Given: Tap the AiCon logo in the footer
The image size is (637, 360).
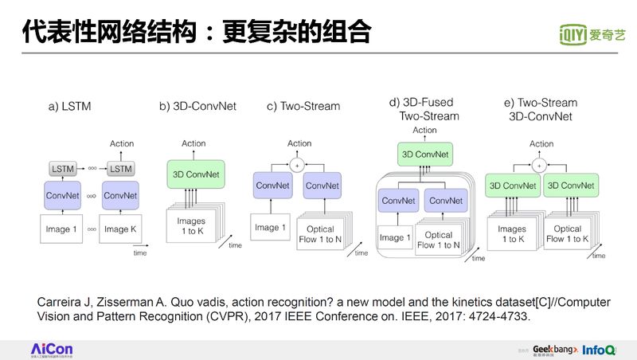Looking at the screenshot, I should coord(51,350).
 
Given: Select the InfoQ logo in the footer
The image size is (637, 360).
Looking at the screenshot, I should coord(598,350).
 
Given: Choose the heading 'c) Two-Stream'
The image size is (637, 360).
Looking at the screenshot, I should coord(303,106).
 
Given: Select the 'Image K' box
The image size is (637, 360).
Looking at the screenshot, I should coord(120,229).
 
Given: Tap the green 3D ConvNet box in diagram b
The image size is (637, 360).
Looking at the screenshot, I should coord(193,174).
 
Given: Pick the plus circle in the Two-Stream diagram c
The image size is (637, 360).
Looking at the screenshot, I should coord(299,164).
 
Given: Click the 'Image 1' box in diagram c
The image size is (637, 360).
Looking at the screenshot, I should coord(268,227).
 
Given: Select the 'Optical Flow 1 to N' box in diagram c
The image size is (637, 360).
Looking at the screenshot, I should coord(320,233).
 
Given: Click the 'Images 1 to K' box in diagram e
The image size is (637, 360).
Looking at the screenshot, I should coord(511,233).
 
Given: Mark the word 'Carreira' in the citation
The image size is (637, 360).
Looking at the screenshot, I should coord(60,303).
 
